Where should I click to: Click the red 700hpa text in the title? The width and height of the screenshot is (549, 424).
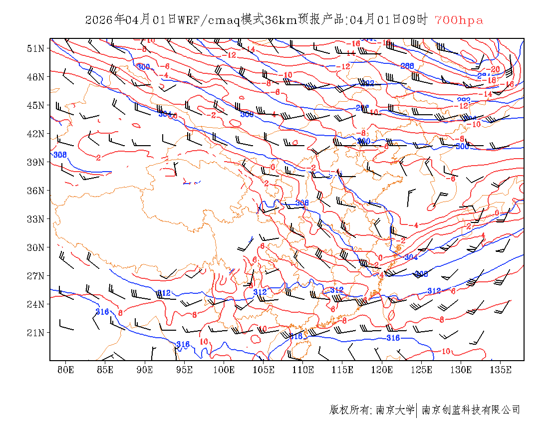click(x=459, y=20)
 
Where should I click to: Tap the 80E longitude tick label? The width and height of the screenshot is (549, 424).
click(x=65, y=370)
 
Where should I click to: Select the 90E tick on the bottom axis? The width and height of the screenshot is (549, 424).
click(x=145, y=370)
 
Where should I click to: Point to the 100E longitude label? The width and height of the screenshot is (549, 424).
click(x=224, y=370)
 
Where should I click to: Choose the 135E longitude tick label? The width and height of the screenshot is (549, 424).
click(x=501, y=370)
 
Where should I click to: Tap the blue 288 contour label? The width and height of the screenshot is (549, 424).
click(x=407, y=66)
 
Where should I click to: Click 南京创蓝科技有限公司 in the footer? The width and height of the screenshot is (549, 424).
click(x=471, y=410)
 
